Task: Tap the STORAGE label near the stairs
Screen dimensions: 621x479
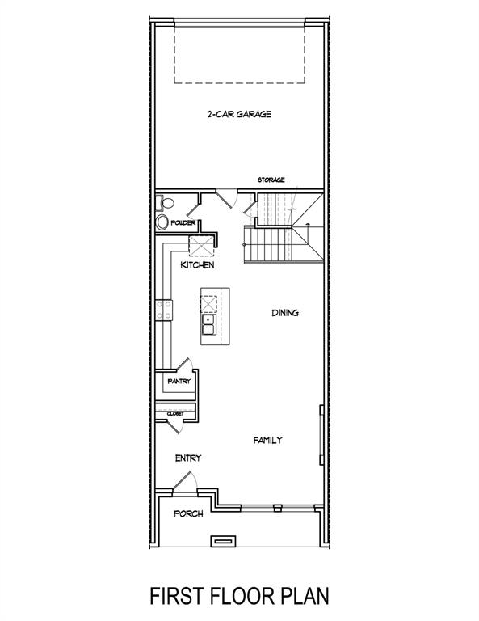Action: pos(271,180)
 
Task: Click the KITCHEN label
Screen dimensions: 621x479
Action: pos(197,265)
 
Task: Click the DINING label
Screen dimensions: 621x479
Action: pos(285,313)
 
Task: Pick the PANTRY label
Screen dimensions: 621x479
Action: pos(179,380)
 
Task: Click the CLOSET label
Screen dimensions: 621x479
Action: pos(175,413)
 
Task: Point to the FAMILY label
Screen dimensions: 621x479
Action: pos(267,441)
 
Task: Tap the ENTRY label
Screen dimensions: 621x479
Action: pos(187,458)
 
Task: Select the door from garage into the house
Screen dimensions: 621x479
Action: pos(225,197)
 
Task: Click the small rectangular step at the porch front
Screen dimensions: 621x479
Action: pos(223,539)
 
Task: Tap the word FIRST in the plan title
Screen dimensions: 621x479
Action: pos(180,596)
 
